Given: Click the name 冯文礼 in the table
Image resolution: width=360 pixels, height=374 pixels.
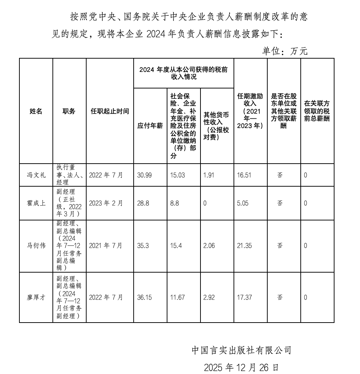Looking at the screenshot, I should pyautogui.click(x=36, y=175).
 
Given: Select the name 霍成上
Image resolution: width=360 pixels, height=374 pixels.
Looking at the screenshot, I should pyautogui.click(x=36, y=203).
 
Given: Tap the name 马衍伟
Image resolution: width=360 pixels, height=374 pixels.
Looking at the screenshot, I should pyautogui.click(x=36, y=246).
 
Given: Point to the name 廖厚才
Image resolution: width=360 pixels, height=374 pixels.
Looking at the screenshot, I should pyautogui.click(x=36, y=297).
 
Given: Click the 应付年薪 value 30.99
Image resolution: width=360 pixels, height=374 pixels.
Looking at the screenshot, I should pyautogui.click(x=144, y=175).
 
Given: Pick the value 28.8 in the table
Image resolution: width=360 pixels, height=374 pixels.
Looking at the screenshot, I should pyautogui.click(x=143, y=203).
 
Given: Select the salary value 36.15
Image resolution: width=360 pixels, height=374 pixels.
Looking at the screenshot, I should pyautogui.click(x=144, y=297).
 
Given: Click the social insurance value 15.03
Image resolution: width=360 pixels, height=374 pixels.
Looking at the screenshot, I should pyautogui.click(x=178, y=175).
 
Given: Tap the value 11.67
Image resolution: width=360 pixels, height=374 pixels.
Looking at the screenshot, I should pyautogui.click(x=178, y=297).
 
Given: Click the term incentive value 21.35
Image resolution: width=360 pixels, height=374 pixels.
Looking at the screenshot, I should pyautogui.click(x=244, y=246).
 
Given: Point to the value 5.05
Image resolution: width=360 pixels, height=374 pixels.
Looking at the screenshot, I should pyautogui.click(x=243, y=203).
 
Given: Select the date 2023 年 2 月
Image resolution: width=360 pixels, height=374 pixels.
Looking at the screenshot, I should pyautogui.click(x=106, y=203).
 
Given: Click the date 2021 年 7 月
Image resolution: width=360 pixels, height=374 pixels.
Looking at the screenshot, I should pyautogui.click(x=106, y=246).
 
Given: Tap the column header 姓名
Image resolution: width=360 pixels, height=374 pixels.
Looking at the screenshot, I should pyautogui.click(x=36, y=111).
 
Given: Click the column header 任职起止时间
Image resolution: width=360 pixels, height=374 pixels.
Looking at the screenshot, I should pyautogui.click(x=110, y=111).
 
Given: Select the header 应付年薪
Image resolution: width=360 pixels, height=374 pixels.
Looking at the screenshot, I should pyautogui.click(x=150, y=126).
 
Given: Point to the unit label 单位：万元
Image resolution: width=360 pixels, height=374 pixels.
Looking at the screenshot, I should pyautogui.click(x=285, y=51).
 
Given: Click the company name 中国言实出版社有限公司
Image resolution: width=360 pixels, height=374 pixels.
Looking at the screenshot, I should pyautogui.click(x=241, y=350).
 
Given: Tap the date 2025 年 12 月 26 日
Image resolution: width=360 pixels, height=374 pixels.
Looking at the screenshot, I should pyautogui.click(x=241, y=367).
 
